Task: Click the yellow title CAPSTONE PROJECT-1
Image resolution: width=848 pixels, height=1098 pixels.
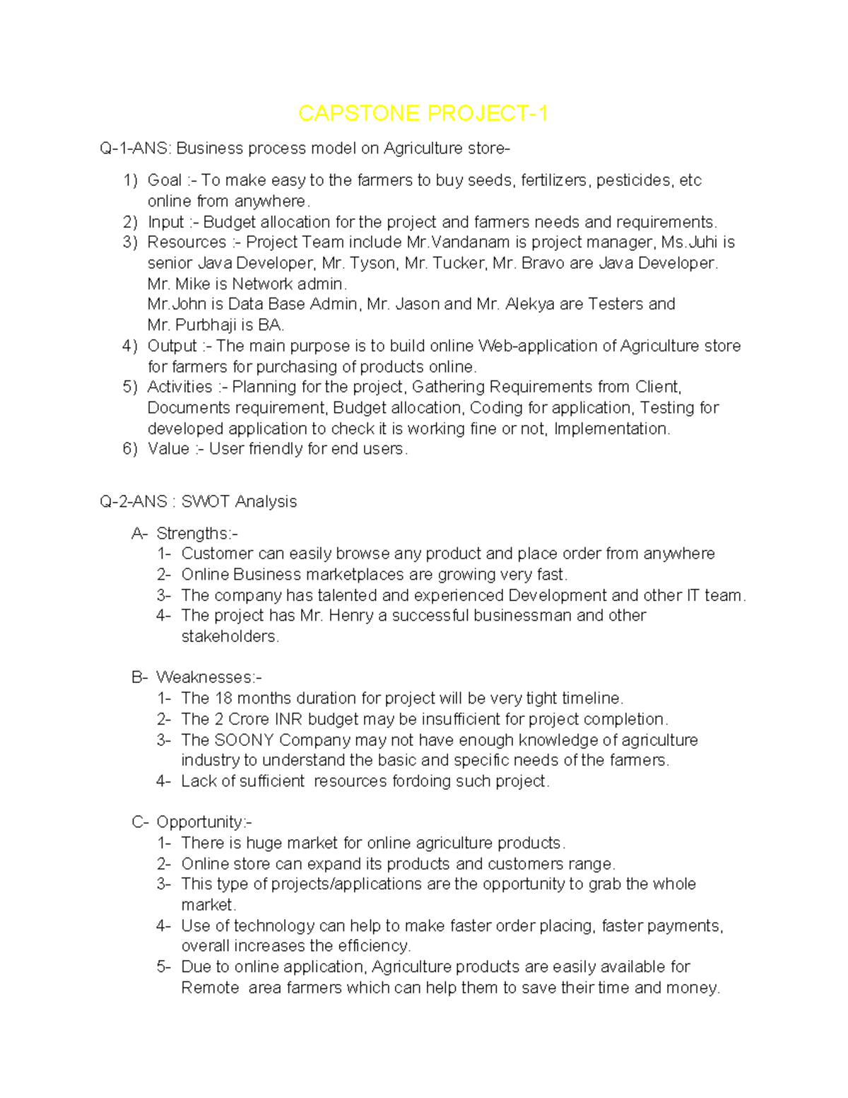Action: point(423,113)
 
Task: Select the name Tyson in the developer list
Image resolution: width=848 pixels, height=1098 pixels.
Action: point(375,263)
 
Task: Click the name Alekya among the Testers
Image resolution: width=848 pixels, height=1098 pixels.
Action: point(530,304)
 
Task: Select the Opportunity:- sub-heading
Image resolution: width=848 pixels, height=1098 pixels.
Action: point(204,822)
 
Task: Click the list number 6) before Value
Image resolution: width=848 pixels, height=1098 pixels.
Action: point(129,449)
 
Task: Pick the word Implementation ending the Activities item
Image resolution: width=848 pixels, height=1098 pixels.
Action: point(611,428)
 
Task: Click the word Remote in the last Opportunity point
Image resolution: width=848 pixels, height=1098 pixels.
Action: point(210,988)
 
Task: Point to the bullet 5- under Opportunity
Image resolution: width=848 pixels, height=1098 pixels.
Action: point(163,966)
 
